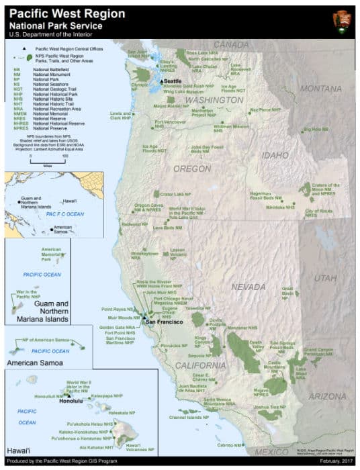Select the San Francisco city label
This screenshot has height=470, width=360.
[166, 322]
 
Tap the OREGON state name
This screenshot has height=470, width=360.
[192, 169]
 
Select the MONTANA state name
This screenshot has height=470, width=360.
[320, 89]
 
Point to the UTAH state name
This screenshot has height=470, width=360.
[324, 277]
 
